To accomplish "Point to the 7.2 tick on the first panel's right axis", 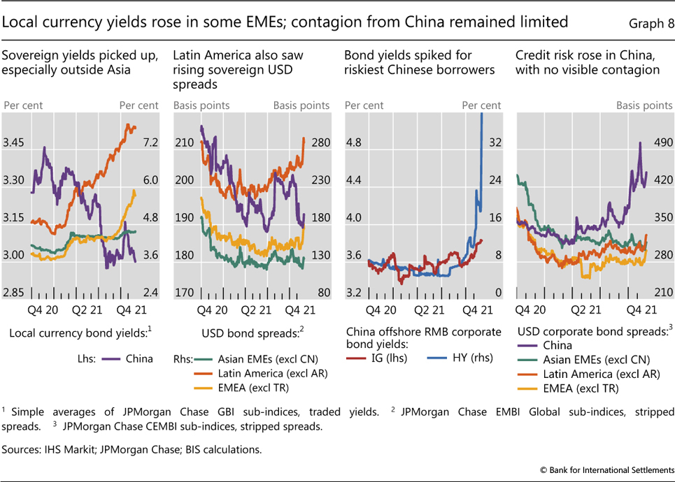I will (x=148, y=143).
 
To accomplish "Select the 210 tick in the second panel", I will (x=184, y=143).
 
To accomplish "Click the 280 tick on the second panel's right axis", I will (x=319, y=143).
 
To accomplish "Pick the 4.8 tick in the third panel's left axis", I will (x=354, y=143).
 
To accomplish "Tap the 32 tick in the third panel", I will (x=495, y=143).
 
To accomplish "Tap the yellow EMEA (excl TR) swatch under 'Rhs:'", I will (x=203, y=386).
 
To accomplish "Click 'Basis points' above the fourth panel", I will (x=644, y=105).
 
